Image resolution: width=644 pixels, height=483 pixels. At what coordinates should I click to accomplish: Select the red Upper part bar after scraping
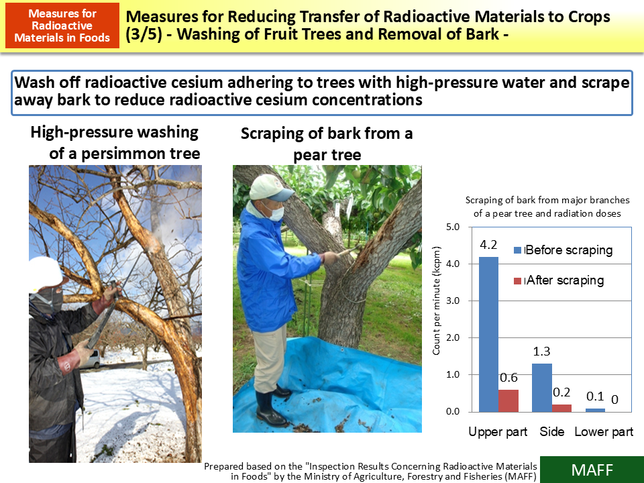[508, 400]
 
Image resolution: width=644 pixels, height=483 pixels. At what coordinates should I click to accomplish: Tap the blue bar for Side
[542, 388]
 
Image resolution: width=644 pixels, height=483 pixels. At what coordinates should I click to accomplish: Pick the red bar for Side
[561, 408]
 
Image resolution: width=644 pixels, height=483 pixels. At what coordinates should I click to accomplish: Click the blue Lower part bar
[595, 410]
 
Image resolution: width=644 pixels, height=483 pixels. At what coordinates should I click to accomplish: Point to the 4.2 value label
[488, 244]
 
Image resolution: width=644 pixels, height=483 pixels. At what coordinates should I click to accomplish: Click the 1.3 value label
[542, 351]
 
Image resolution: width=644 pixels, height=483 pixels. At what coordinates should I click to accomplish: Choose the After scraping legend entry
[564, 280]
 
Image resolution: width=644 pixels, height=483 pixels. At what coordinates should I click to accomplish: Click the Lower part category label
[604, 431]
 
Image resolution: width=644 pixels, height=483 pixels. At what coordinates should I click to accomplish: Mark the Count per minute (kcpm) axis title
[436, 319]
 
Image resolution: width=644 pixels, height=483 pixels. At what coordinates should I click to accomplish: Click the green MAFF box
[592, 470]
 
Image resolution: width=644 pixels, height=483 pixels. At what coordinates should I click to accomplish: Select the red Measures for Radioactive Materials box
[62, 25]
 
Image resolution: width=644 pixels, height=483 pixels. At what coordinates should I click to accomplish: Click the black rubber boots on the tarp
[272, 407]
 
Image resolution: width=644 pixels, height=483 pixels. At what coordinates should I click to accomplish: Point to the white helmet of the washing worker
[45, 272]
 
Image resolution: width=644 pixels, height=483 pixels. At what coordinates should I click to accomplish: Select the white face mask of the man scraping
[275, 211]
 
